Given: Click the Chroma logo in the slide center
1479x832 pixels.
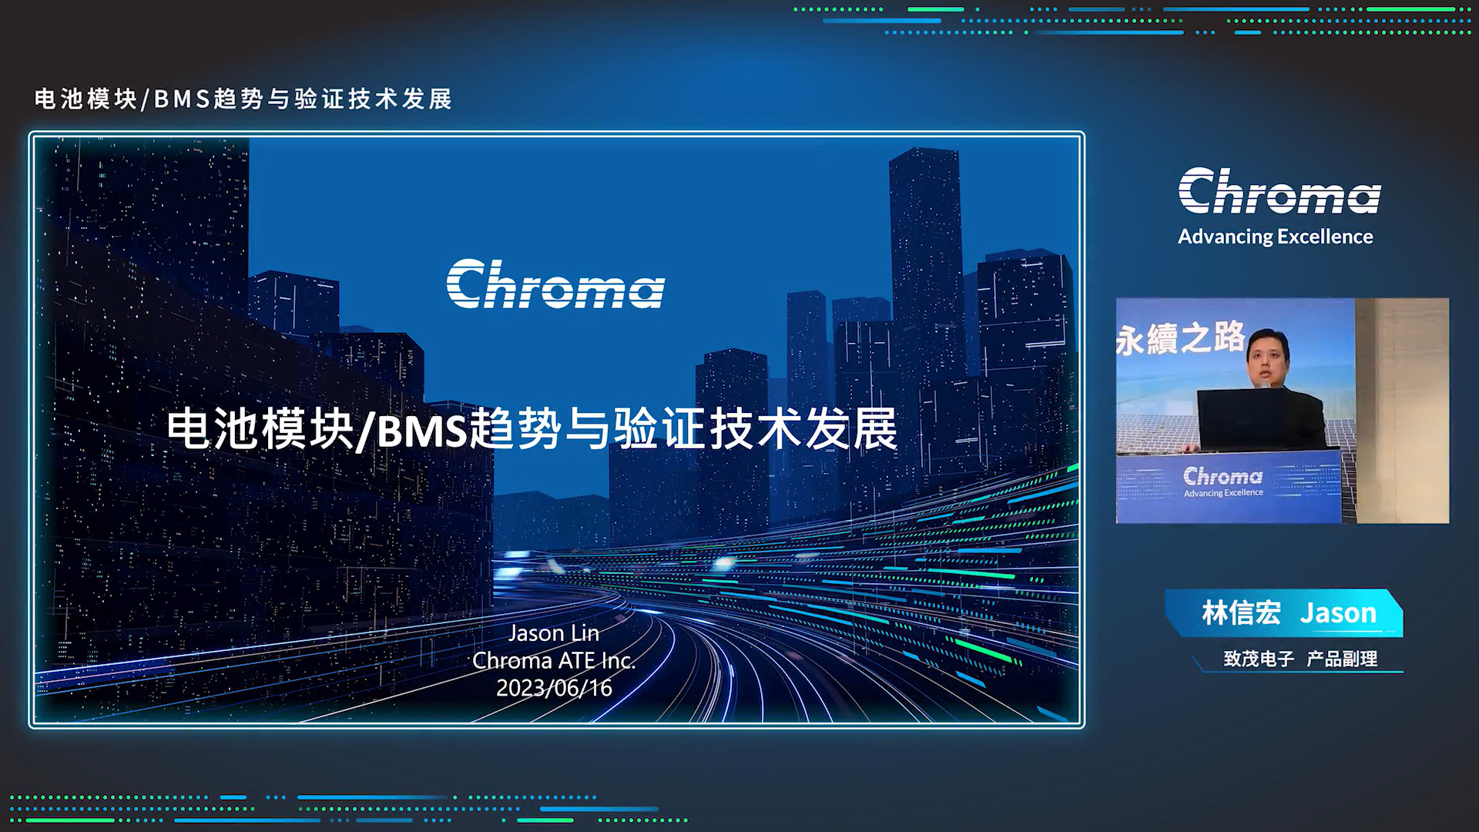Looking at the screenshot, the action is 555,284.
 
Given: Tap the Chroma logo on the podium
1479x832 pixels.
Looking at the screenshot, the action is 1222,476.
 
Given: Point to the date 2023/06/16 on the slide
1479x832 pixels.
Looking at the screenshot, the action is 554,687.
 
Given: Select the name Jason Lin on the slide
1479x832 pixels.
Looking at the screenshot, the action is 554,633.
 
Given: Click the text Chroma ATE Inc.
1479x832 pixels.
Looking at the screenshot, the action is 554,660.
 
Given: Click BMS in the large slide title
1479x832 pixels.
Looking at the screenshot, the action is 423,430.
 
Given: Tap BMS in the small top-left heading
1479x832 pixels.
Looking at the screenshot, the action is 182,99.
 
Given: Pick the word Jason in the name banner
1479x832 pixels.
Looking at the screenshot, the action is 1338,613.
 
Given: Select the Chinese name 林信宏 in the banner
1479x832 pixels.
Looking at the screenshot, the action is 1241,613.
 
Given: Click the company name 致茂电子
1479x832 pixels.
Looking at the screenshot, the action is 1259,659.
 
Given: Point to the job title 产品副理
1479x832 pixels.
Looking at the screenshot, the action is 1342,659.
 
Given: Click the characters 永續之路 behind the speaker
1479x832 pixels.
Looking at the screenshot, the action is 1180,338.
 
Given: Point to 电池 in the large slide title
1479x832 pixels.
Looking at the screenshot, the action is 214,429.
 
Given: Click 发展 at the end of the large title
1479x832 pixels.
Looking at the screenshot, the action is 852,429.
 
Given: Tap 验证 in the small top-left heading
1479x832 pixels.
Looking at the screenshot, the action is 319,99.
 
